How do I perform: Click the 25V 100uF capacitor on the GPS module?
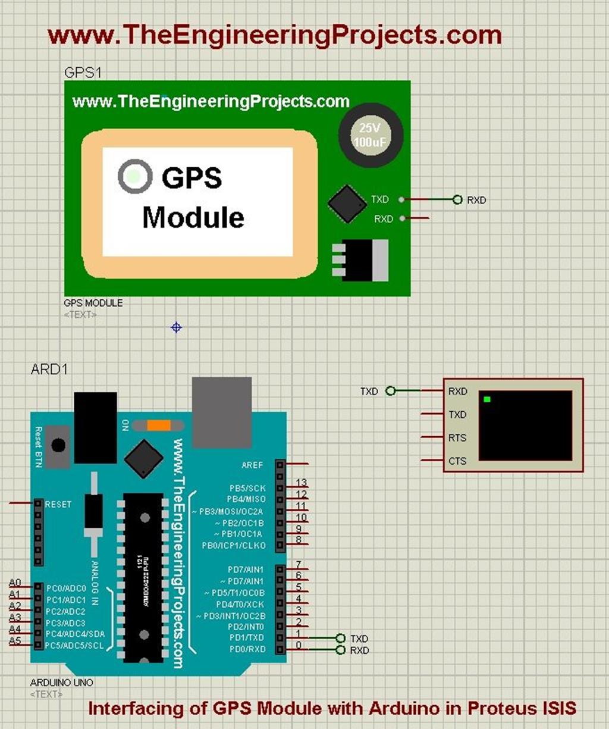(x=371, y=135)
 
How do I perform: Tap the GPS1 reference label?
(x=83, y=73)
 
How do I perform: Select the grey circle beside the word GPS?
(x=135, y=176)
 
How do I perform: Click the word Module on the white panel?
(x=193, y=218)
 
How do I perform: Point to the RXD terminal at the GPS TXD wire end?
(x=457, y=200)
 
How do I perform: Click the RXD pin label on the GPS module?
(x=384, y=219)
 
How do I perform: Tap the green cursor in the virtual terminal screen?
(x=487, y=399)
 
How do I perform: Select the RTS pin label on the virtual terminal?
(x=457, y=438)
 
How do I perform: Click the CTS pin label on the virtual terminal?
(x=457, y=461)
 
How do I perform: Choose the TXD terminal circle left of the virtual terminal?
(x=390, y=391)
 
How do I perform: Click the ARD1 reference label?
(x=49, y=370)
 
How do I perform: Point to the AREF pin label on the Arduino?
(x=252, y=465)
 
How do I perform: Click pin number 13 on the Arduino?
(x=301, y=483)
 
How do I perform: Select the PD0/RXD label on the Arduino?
(x=247, y=649)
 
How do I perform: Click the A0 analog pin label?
(x=15, y=583)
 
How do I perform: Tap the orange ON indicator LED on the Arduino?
(x=159, y=425)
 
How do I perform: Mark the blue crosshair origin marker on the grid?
(x=176, y=327)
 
